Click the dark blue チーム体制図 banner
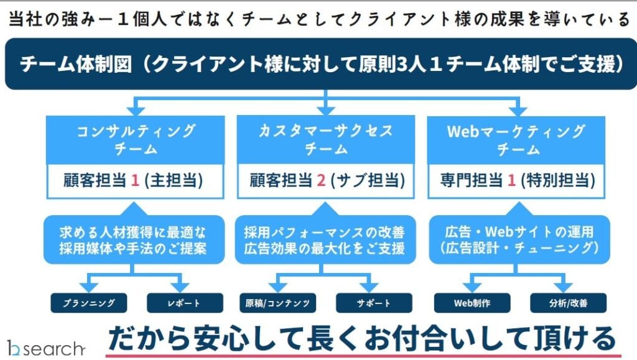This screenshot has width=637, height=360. [318, 64]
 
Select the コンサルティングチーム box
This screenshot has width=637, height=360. [136, 140]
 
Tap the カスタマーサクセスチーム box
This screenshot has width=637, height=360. [326, 140]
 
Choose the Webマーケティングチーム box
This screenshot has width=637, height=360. [516, 140]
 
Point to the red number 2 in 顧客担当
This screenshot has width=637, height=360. [321, 180]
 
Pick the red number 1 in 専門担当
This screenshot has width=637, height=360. [511, 180]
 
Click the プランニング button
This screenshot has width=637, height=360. [89, 303]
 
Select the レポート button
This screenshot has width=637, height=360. [184, 303]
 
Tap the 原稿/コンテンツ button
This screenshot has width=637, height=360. [277, 303]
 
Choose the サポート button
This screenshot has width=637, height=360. [374, 303]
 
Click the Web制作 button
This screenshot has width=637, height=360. [472, 303]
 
